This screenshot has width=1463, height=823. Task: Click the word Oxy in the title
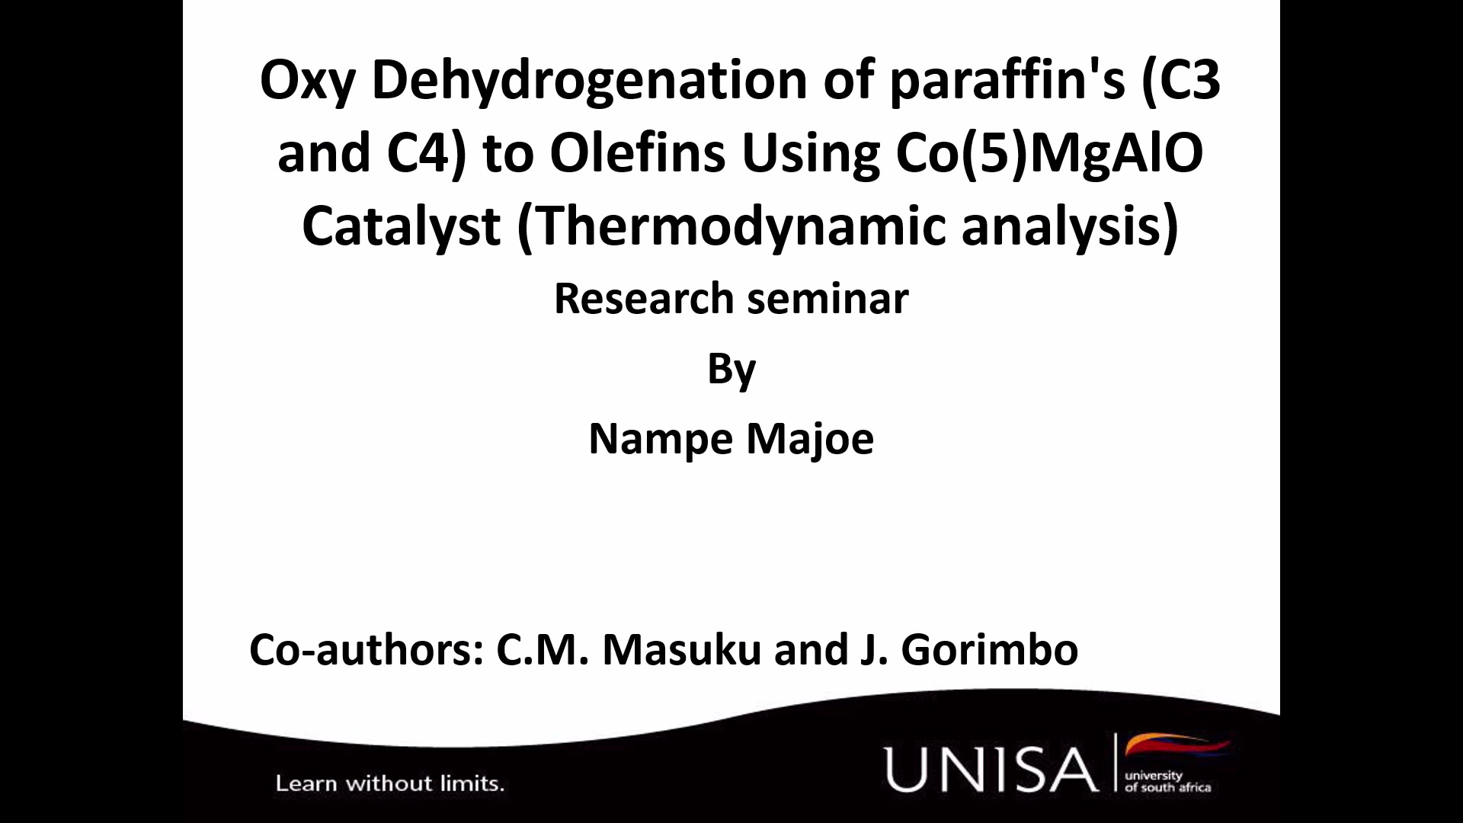tap(308, 81)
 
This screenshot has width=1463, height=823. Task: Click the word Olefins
tap(637, 152)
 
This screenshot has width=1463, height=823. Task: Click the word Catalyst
tap(402, 226)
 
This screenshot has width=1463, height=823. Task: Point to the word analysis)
tap(1071, 227)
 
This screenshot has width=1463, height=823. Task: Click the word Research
tap(643, 298)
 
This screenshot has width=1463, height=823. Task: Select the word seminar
tap(828, 299)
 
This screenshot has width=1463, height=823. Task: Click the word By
tap(731, 371)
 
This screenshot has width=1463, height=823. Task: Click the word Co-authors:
tap(367, 649)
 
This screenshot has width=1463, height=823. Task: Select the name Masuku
tap(682, 649)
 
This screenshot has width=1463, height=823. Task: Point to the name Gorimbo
tap(990, 649)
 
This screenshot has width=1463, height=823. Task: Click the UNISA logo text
tap(990, 769)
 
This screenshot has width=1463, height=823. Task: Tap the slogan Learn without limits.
tap(390, 783)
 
